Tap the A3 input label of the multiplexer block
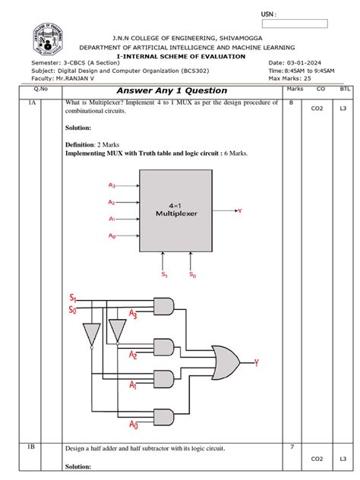[112, 185]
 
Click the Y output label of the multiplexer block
[240, 210]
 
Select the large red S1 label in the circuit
[73, 297]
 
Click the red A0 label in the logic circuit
[134, 424]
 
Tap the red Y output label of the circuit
[257, 362]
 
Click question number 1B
[32, 447]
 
